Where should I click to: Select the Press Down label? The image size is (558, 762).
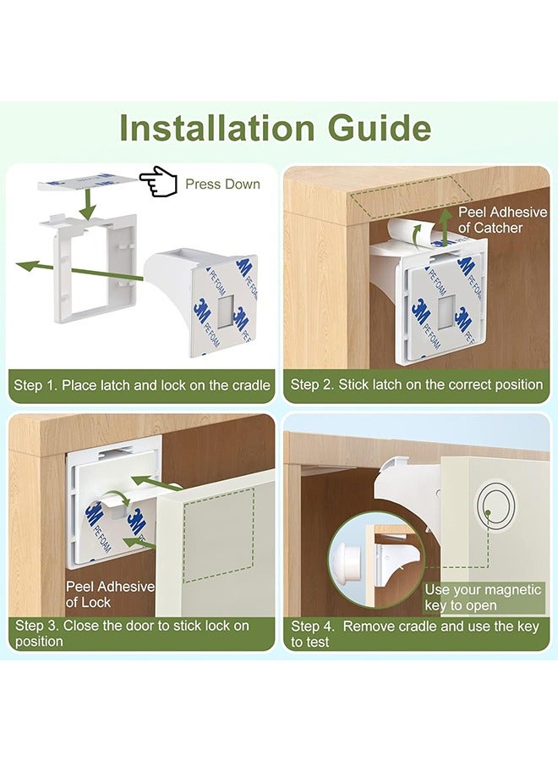[x=222, y=184]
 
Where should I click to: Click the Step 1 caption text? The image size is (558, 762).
[x=142, y=384]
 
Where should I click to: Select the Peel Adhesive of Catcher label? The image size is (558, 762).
[x=501, y=219]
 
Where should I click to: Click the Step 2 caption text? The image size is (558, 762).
[x=417, y=384]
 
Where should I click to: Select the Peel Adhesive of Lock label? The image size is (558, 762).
[x=110, y=594]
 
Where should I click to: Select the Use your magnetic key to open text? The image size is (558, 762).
[x=483, y=597]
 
